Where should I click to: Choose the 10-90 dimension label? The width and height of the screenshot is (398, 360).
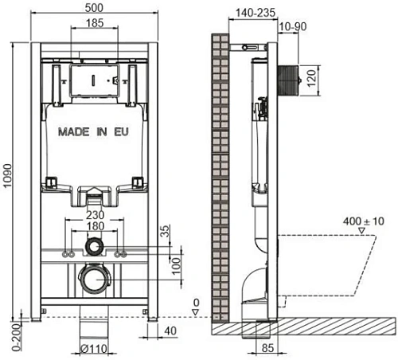(291, 27)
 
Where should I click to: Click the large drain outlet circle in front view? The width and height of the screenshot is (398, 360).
(94, 280)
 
